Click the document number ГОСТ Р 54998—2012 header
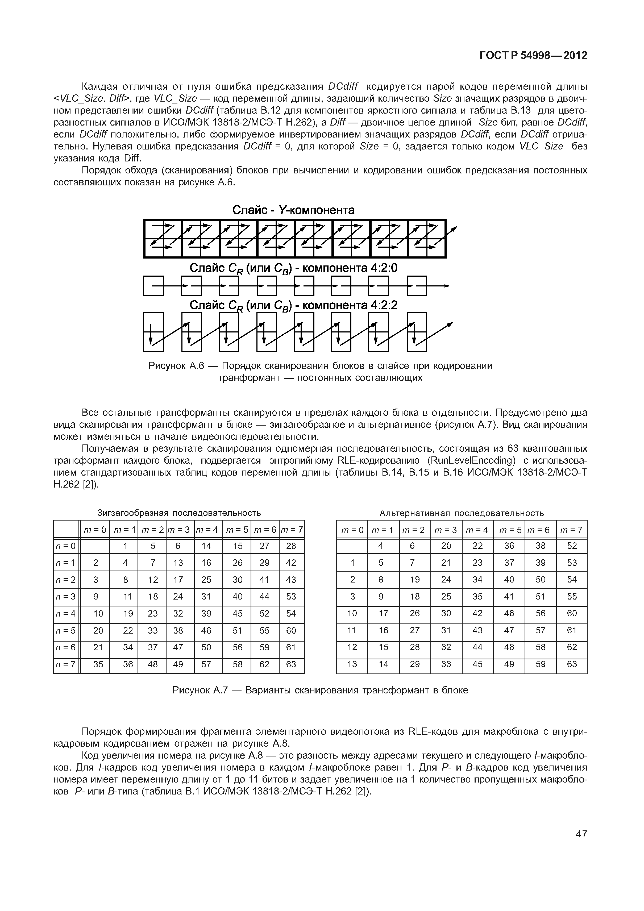coord(533,56)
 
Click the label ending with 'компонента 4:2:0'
coord(293,269)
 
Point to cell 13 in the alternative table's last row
coord(352,664)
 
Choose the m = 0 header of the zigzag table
coord(95,530)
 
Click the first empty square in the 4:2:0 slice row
coord(153,286)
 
